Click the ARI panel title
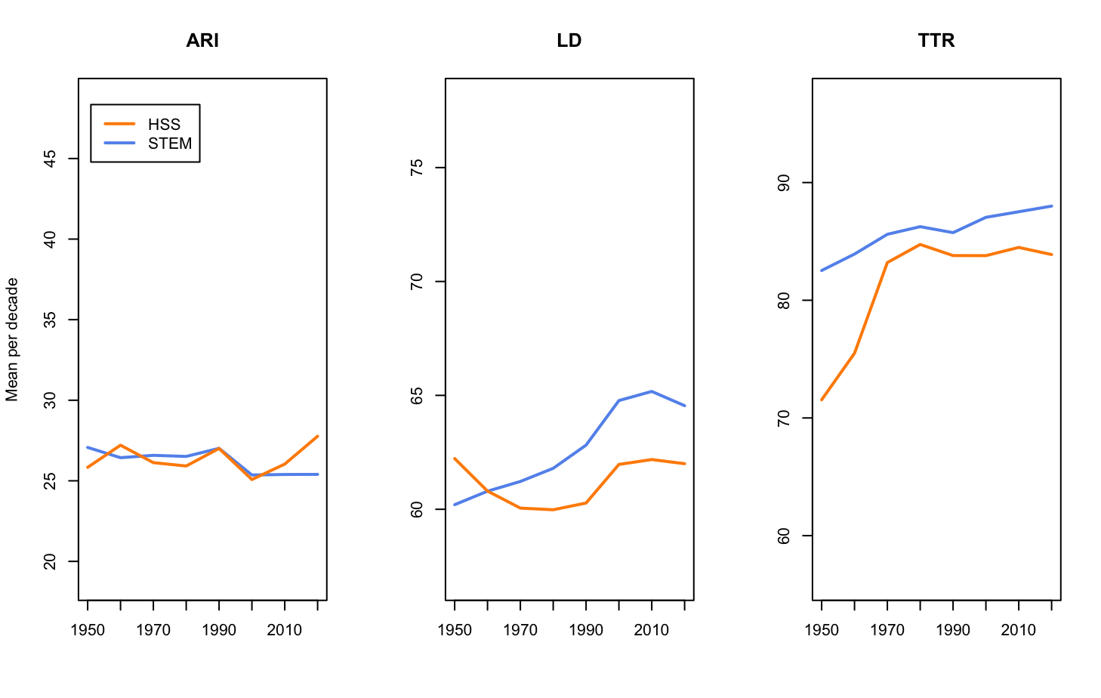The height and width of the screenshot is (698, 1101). [x=202, y=41]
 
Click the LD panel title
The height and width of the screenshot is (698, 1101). [x=569, y=41]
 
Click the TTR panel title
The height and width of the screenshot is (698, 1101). [x=936, y=41]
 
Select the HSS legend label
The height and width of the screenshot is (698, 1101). [x=164, y=125]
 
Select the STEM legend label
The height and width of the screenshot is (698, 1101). [x=170, y=144]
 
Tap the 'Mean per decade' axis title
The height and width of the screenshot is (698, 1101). [x=12, y=339]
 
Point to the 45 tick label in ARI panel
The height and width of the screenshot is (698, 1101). [x=51, y=159]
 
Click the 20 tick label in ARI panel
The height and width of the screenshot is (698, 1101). [x=51, y=561]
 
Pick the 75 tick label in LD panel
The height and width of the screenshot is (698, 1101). [x=417, y=168]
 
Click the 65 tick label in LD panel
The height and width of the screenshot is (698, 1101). [x=417, y=396]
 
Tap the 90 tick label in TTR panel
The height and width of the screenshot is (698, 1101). [x=784, y=183]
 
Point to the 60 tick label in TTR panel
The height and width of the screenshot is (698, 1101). [x=784, y=536]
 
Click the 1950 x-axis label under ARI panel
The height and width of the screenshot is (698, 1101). [x=88, y=630]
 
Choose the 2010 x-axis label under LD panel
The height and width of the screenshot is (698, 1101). [x=651, y=630]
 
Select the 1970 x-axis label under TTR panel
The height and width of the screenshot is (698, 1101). [x=887, y=630]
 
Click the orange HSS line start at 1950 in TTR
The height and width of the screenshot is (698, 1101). [x=822, y=400]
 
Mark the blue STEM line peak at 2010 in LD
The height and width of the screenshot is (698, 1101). [x=651, y=391]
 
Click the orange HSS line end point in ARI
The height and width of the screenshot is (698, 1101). [x=317, y=437]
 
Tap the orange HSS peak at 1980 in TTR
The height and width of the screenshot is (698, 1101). [x=920, y=244]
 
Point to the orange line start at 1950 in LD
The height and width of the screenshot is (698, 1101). [x=455, y=459]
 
